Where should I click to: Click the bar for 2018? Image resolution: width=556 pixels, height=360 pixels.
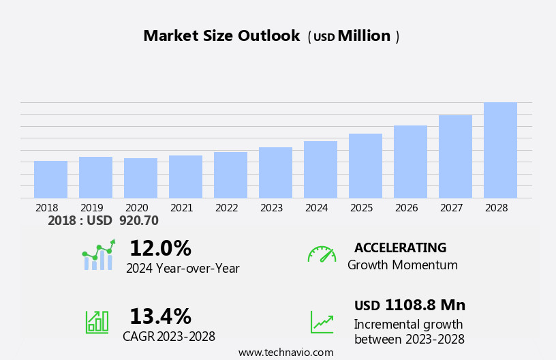(x=50, y=179)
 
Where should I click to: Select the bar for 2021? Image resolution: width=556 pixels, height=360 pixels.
(x=185, y=177)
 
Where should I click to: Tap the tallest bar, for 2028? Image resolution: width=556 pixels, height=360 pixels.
(x=500, y=150)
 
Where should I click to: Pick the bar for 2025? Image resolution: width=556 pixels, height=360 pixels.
(x=365, y=166)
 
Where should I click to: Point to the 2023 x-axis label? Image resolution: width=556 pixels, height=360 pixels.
(x=271, y=207)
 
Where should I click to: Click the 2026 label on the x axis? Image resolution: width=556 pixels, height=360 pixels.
(x=406, y=207)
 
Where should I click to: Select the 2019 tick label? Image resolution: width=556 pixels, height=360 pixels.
(x=91, y=207)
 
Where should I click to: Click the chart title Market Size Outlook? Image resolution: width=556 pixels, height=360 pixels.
(x=221, y=36)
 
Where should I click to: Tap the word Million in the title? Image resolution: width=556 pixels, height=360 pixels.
(x=364, y=36)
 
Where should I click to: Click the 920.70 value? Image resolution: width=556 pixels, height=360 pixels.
(x=138, y=220)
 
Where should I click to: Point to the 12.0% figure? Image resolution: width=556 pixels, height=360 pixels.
(x=160, y=248)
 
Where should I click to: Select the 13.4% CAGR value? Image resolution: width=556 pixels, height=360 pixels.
(x=160, y=316)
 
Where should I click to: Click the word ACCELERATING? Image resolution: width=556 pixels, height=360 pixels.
(x=400, y=247)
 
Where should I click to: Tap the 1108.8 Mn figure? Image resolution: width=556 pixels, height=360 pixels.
(x=425, y=305)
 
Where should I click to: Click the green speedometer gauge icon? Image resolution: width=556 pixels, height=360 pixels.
(x=322, y=254)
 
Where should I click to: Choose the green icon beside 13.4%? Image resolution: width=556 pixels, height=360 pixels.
(x=97, y=321)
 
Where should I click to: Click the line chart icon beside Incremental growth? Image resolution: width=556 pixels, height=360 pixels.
(x=322, y=322)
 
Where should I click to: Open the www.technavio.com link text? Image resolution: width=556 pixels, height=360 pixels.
(x=285, y=352)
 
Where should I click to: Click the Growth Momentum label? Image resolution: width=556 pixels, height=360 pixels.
(x=402, y=265)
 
